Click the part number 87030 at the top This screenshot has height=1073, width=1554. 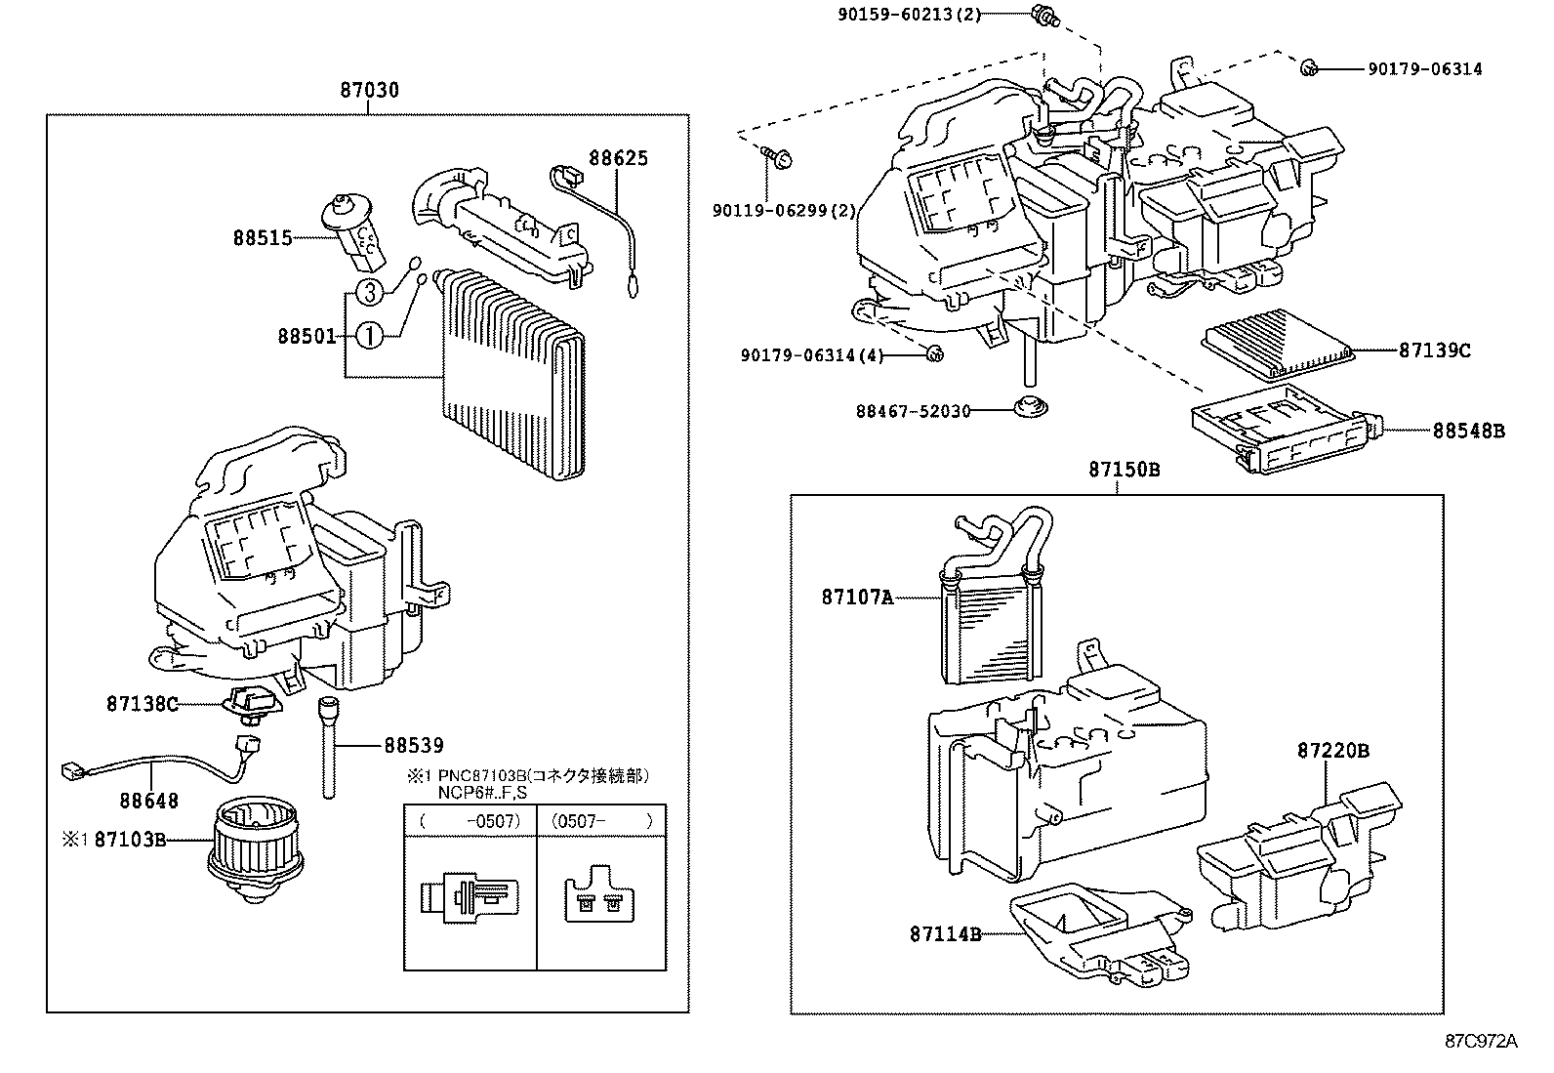pos(369,91)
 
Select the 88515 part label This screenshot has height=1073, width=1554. pos(262,237)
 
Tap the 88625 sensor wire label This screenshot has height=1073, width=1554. pos(617,158)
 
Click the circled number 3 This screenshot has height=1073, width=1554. pos(367,291)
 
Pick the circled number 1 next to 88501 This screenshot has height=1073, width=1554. pos(368,337)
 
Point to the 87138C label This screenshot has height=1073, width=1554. pos(143,703)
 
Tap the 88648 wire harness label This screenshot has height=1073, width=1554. pos(149,801)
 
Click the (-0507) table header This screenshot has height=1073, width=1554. pos(470,821)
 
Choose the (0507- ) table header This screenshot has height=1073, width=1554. pos(601,821)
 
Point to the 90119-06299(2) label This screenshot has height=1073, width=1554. pos(784,210)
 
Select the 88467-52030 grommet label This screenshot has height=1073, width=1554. pos(914,411)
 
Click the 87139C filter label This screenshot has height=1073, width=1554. pos(1434,350)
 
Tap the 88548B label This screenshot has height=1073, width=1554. pos(1468,430)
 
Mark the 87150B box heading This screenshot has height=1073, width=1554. pos(1125,470)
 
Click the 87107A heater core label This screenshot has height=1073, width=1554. pos(857,597)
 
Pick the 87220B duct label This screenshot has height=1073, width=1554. pos(1332,751)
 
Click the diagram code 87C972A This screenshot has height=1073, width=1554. pos(1482,1041)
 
